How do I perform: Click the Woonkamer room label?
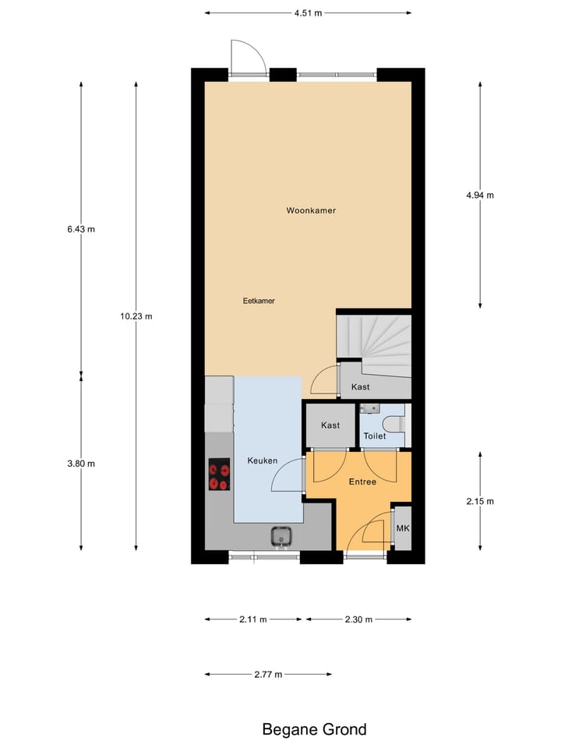pyautogui.click(x=311, y=210)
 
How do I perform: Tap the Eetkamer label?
pyautogui.click(x=259, y=300)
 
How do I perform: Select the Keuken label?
pyautogui.click(x=263, y=460)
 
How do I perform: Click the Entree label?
pyautogui.click(x=362, y=482)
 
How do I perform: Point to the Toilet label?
pyautogui.click(x=375, y=436)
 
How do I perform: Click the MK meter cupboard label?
pyautogui.click(x=403, y=528)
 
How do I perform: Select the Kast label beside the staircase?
pyautogui.click(x=360, y=386)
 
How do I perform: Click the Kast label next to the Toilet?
pyautogui.click(x=330, y=425)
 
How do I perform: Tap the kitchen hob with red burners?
pyautogui.click(x=219, y=476)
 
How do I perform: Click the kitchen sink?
pyautogui.click(x=280, y=536)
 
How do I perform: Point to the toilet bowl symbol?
pyautogui.click(x=396, y=425)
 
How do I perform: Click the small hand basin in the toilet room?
pyautogui.click(x=369, y=408)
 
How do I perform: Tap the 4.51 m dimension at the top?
pyautogui.click(x=308, y=12)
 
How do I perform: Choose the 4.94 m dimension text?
pyautogui.click(x=479, y=196)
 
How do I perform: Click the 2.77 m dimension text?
pyautogui.click(x=267, y=674)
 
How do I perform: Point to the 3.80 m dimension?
pyautogui.click(x=81, y=464)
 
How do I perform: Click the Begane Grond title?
pyautogui.click(x=314, y=729)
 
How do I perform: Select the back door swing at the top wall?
pyautogui.click(x=249, y=56)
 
